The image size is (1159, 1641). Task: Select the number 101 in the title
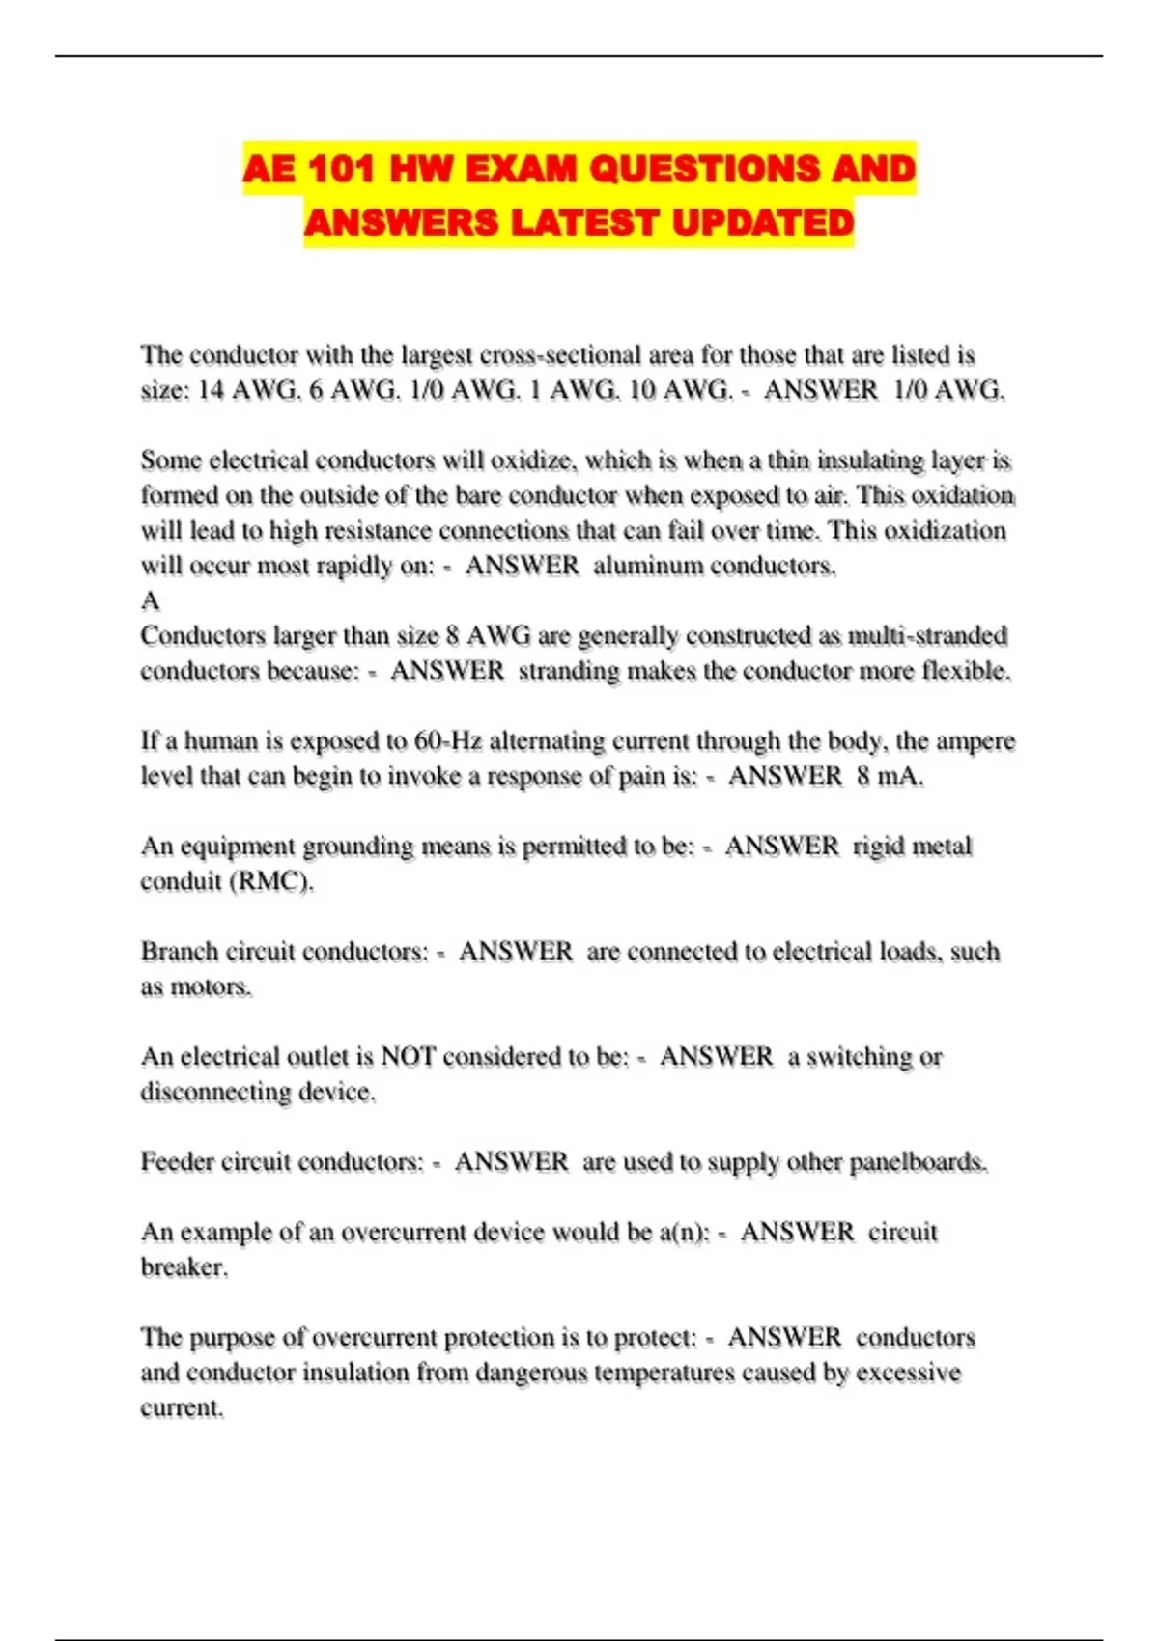coord(339,170)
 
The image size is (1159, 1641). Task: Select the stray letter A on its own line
coord(150,601)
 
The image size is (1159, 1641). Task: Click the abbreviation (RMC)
coord(270,881)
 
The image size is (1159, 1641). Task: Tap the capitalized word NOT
coord(409,1057)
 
